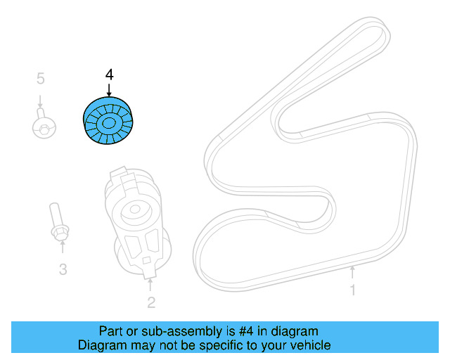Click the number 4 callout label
(108, 75)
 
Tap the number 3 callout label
(63, 269)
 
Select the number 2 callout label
(150, 303)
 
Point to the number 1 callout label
(353, 290)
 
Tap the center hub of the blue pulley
(109, 124)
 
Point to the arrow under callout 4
(108, 89)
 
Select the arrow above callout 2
(150, 283)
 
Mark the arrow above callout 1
(352, 271)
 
